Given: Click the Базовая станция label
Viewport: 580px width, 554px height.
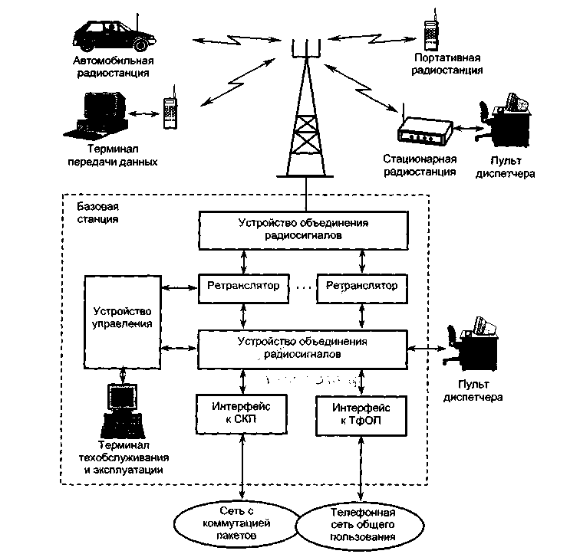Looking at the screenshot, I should (98, 213).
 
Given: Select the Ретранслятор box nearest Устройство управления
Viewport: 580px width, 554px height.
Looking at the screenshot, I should (242, 287).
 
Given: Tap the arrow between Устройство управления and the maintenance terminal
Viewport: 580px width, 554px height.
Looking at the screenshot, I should (123, 373).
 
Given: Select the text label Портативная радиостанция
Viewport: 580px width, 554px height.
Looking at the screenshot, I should (447, 64).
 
